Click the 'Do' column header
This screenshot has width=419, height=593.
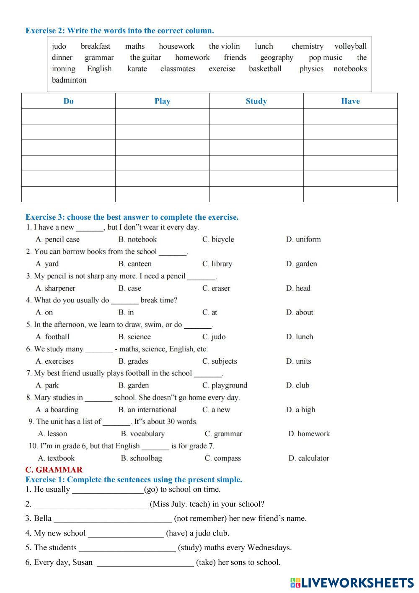click(x=68, y=101)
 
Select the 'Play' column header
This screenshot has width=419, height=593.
click(x=162, y=101)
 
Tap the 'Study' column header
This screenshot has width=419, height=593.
click(x=256, y=101)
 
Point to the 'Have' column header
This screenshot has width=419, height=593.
click(x=350, y=101)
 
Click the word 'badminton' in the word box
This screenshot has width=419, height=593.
click(x=69, y=80)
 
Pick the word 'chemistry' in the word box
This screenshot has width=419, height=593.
click(x=307, y=46)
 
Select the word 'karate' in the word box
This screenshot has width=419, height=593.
click(x=137, y=69)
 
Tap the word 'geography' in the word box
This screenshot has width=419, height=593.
click(x=277, y=57)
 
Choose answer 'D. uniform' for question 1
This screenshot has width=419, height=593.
click(x=303, y=239)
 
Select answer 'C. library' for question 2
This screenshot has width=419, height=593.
click(x=217, y=264)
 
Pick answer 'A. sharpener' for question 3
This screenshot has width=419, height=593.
click(x=55, y=288)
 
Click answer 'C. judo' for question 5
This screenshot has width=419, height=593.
click(x=214, y=337)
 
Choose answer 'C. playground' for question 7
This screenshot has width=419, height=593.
click(x=225, y=385)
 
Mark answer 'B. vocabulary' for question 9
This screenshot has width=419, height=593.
click(x=142, y=434)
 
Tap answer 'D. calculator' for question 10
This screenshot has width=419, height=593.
click(x=308, y=458)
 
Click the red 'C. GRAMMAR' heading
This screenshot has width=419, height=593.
click(x=54, y=470)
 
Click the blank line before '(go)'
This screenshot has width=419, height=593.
click(x=108, y=490)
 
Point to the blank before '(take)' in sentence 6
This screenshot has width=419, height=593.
click(x=145, y=563)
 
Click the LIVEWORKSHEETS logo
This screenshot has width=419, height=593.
click(x=352, y=583)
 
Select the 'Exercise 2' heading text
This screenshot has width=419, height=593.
click(x=119, y=31)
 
